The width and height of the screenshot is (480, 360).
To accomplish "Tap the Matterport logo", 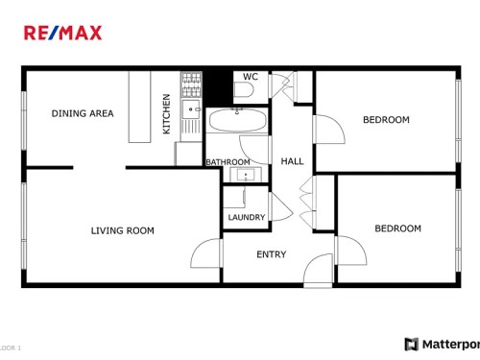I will (442, 344).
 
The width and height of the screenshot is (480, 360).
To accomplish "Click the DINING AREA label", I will (82, 113).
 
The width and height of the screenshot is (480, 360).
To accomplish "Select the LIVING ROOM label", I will (122, 230).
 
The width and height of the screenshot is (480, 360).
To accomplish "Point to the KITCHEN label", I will (166, 113).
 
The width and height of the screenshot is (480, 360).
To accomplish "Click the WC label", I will (250, 77).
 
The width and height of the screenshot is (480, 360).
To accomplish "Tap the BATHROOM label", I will (228, 162).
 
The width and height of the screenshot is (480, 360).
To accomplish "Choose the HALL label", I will (292, 161).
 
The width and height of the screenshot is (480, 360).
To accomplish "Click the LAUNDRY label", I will (246, 218).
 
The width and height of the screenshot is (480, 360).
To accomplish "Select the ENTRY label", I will (271, 254).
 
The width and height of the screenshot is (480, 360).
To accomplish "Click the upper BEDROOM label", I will (386, 120).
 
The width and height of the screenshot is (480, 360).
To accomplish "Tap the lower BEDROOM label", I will (397, 228).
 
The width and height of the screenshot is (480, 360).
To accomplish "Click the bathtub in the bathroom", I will (238, 122).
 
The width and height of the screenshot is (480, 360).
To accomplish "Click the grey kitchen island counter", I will (141, 106).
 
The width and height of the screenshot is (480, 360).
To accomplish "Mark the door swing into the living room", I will (206, 253).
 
